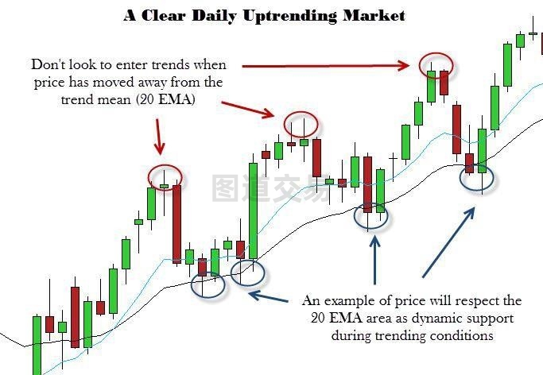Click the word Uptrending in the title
click(x=289, y=16)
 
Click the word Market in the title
click(x=374, y=15)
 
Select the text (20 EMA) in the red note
click(x=165, y=99)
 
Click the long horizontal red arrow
click(x=325, y=65)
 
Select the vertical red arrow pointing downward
click(x=158, y=137)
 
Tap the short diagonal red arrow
click(x=248, y=109)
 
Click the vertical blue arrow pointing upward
click(x=374, y=260)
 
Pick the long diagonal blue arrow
click(x=448, y=242)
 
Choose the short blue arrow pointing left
click(x=269, y=297)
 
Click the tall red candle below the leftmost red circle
click(x=176, y=224)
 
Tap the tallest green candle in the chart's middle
click(x=253, y=211)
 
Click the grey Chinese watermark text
click(x=271, y=189)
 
